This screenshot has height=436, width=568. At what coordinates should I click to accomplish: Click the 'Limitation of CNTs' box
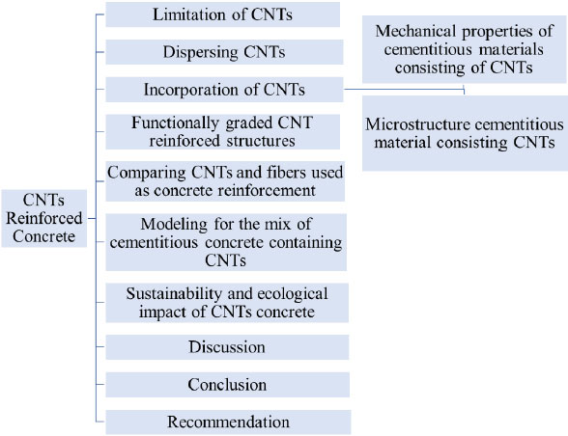[223, 14]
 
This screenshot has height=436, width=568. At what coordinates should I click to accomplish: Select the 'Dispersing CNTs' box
[224, 52]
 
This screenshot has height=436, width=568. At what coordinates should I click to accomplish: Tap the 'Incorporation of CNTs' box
[224, 90]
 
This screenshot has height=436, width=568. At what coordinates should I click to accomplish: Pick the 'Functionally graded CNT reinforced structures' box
[223, 132]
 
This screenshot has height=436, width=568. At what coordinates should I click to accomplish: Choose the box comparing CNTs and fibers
[225, 181]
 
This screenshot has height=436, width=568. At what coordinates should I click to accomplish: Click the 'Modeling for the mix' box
[226, 242]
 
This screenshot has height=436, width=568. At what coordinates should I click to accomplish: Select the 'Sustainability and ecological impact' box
[227, 303]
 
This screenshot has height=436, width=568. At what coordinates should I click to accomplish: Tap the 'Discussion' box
[227, 347]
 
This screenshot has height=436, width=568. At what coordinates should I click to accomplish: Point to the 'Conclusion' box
[228, 385]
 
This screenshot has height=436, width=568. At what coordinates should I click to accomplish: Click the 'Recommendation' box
[228, 422]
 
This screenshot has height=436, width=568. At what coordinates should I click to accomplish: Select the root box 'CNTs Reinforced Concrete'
[44, 218]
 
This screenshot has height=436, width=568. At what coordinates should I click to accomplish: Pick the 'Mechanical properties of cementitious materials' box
[465, 49]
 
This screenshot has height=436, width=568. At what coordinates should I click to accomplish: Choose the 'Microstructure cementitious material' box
[465, 133]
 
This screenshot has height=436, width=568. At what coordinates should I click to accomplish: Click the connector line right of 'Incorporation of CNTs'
[404, 89]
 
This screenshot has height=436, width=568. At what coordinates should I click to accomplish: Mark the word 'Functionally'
[176, 123]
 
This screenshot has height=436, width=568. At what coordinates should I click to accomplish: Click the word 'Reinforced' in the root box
[44, 218]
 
